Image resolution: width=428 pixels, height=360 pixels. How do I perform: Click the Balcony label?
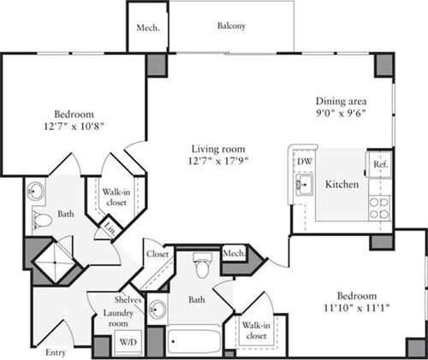(230, 27)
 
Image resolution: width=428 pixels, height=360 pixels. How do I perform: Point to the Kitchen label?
(340, 185)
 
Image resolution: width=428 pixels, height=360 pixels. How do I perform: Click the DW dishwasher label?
(304, 162)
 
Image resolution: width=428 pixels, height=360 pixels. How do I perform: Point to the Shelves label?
(128, 299)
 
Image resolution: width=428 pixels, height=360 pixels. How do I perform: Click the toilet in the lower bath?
(201, 267)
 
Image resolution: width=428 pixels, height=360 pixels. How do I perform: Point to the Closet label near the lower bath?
(157, 254)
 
